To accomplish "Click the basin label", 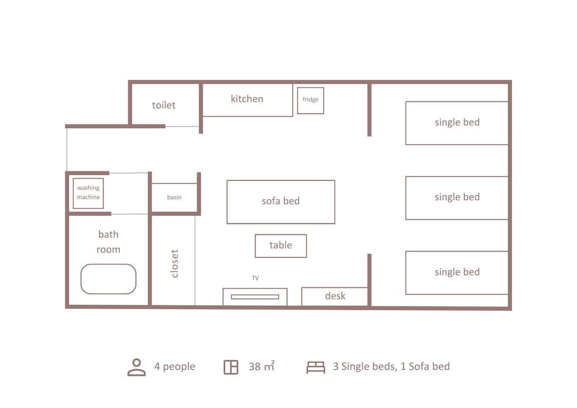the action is pyautogui.click(x=174, y=197).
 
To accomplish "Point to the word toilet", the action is pyautogui.click(x=164, y=105).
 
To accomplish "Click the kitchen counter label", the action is pyautogui.click(x=247, y=99).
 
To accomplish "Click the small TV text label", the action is pyautogui.click(x=256, y=278).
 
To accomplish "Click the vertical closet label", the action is pyautogui.click(x=174, y=263).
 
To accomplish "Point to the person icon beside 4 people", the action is pyautogui.click(x=137, y=367).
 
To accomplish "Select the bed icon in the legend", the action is pyautogui.click(x=316, y=367).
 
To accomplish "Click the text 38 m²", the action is pyautogui.click(x=261, y=366).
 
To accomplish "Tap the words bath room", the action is pyautogui.click(x=108, y=242).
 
